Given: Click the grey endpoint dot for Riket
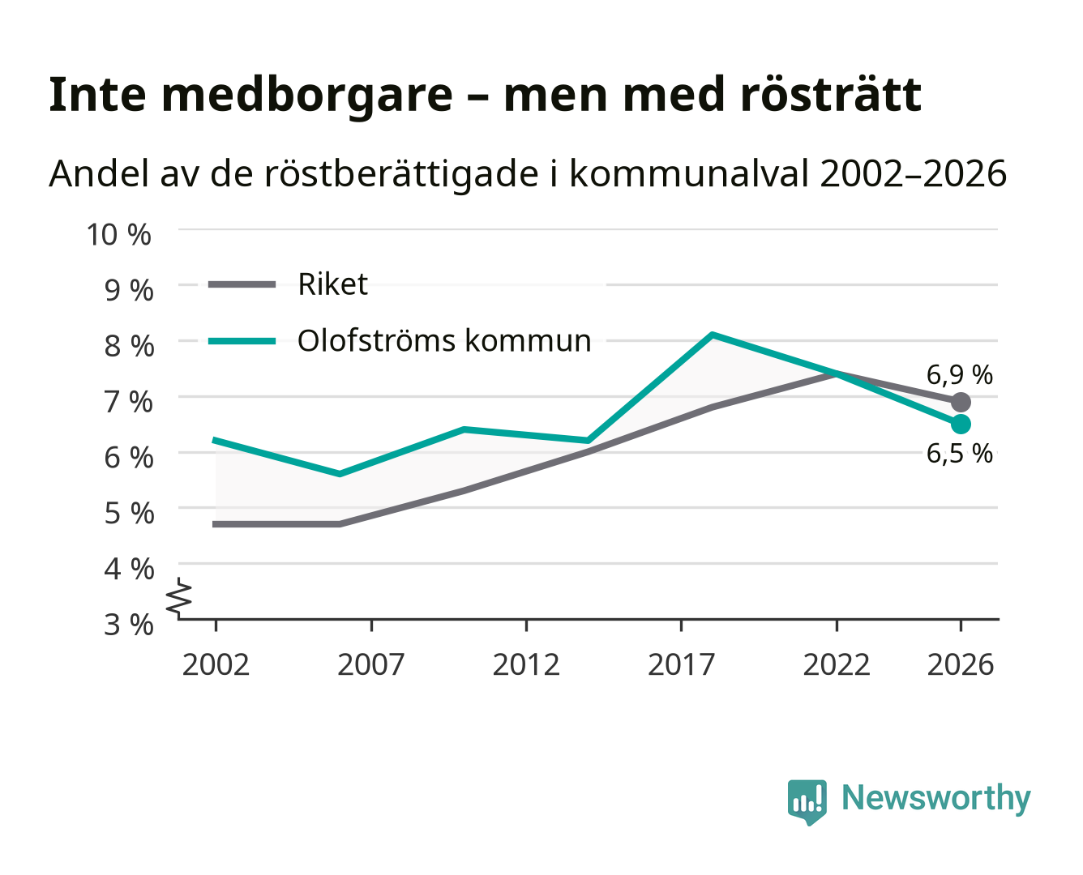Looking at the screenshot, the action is (x=961, y=402).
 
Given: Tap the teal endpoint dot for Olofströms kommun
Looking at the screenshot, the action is (x=961, y=424).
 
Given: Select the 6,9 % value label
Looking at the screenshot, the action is (x=959, y=375).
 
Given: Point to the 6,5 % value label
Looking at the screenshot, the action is (x=959, y=453).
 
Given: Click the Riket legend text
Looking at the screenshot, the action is (x=332, y=284).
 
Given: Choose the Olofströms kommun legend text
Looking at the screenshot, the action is (x=444, y=340).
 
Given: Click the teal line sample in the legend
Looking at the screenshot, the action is (x=242, y=341).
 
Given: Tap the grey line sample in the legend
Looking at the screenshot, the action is (x=242, y=284).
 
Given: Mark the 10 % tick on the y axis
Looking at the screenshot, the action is (x=118, y=234).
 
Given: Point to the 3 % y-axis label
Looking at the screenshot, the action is (x=129, y=624).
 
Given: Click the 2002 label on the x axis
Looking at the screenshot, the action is (x=216, y=664).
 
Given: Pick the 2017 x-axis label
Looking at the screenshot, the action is (x=681, y=664).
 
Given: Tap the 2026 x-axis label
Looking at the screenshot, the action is (x=961, y=664).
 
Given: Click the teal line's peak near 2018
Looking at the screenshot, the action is (x=713, y=335).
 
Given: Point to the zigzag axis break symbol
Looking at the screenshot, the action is (x=179, y=598).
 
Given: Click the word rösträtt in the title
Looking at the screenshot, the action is (x=831, y=95).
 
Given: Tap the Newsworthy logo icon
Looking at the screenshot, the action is (x=807, y=802).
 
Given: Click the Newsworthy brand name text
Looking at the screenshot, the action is (x=936, y=798).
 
